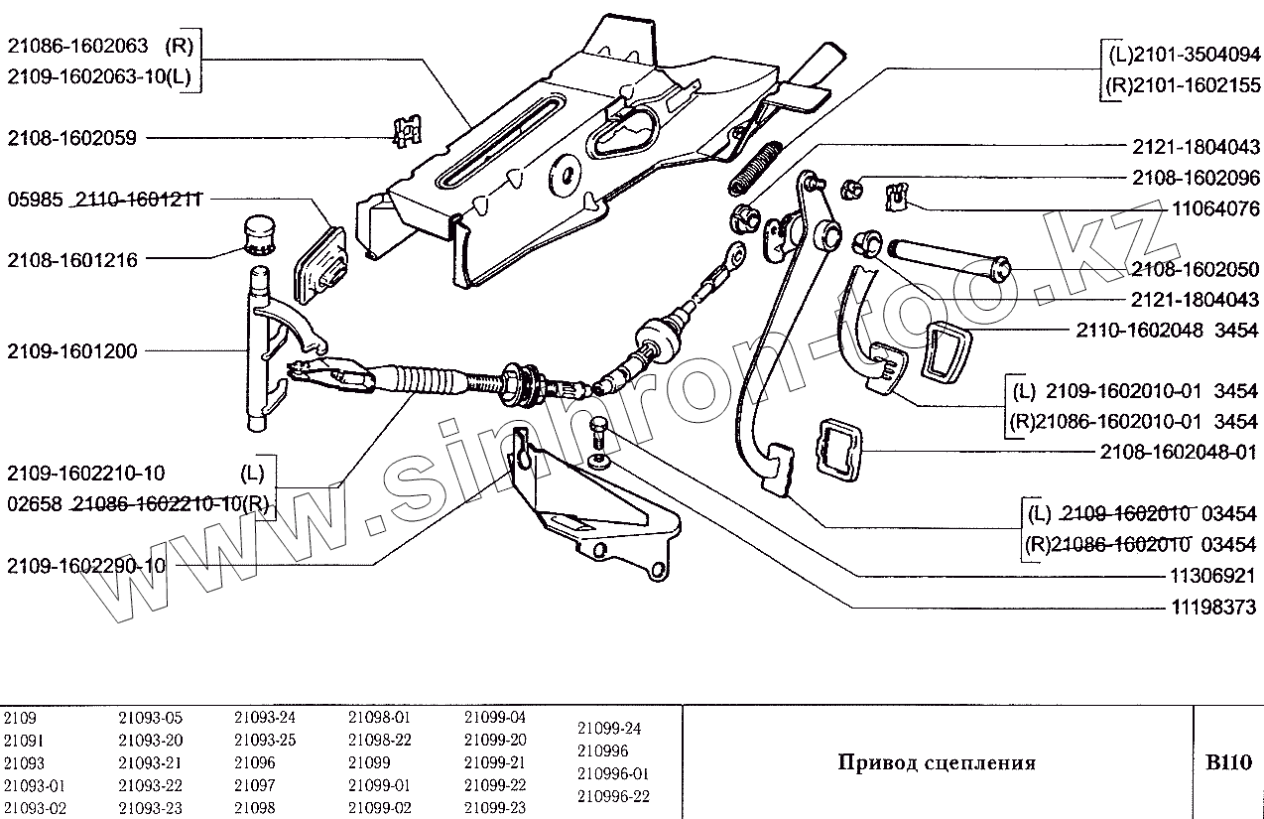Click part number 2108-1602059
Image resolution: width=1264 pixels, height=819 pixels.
71,138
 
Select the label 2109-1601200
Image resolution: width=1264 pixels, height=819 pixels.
71,350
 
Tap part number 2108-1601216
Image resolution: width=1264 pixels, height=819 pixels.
71,260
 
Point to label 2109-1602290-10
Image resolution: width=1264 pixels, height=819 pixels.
86,567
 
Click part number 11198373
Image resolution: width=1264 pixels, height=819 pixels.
1212,606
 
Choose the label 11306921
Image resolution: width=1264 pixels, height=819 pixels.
1212,576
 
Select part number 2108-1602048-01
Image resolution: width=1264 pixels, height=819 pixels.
1179,452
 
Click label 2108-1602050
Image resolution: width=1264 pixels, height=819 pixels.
1195,269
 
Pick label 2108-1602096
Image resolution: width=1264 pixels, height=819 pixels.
1195,179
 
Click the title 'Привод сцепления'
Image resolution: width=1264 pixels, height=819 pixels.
937,762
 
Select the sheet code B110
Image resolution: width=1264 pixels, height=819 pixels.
1228,762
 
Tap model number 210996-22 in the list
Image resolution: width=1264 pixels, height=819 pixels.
613,796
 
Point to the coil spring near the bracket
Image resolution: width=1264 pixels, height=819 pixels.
757,168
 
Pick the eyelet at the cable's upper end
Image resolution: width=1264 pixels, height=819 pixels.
734,255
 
